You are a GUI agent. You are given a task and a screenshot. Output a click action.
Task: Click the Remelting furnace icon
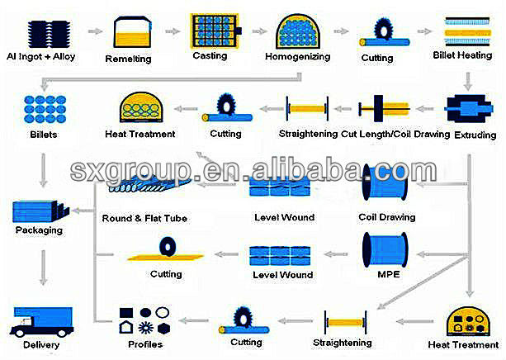(132, 32)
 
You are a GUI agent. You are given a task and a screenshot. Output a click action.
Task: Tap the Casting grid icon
(215, 31)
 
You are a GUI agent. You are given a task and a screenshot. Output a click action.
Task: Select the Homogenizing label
(297, 57)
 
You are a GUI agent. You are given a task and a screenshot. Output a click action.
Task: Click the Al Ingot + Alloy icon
(49, 34)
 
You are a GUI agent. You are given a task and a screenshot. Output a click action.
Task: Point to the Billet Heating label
(462, 55)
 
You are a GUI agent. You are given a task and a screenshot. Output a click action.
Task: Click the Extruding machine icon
(468, 108)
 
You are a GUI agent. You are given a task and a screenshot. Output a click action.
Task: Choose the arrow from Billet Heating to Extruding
(468, 81)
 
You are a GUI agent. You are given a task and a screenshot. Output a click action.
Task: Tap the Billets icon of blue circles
(45, 109)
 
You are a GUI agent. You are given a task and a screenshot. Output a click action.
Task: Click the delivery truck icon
(41, 321)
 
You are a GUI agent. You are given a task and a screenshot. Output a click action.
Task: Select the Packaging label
(39, 230)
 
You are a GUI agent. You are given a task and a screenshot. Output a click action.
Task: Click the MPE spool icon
(385, 249)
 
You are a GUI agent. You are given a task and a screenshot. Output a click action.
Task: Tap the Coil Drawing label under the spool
(387, 217)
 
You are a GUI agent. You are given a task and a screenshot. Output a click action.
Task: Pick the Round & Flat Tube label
(144, 219)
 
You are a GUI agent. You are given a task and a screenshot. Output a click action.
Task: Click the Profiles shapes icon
(144, 320)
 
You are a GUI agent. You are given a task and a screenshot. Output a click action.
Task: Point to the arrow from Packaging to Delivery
(43, 268)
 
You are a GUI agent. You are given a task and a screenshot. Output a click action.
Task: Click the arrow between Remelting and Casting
(173, 31)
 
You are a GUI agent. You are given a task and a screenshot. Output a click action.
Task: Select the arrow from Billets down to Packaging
(43, 170)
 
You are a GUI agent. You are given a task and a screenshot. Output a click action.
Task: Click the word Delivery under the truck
(41, 345)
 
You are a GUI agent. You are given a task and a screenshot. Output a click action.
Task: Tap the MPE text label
(389, 274)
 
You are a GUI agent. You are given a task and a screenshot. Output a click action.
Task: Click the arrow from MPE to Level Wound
(336, 254)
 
